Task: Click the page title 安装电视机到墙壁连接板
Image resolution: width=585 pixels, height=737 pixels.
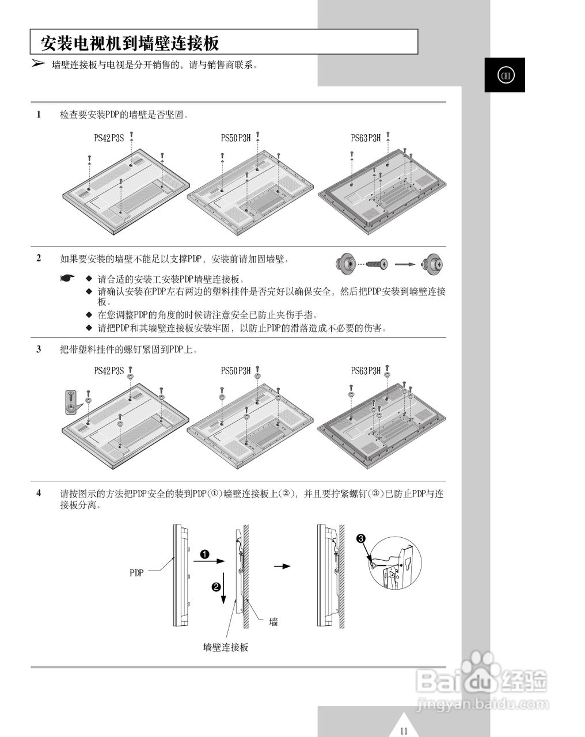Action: pos(130,43)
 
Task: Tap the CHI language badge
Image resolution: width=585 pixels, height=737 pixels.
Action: pos(504,75)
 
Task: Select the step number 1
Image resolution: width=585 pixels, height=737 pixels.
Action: pos(39,115)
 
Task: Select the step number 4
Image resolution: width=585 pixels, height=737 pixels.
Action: pos(39,493)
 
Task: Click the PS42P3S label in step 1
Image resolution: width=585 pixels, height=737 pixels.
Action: pos(109,138)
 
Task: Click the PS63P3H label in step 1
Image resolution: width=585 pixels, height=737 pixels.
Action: pos(366,138)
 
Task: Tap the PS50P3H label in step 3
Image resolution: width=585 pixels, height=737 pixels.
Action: pos(236,371)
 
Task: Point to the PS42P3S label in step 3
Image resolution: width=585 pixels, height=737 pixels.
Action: pos(109,371)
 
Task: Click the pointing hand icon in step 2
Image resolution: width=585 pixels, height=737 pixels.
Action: pos(67,279)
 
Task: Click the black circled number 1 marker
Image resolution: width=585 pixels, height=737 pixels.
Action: pos(204,554)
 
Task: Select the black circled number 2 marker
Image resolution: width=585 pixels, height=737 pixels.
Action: pos(216,587)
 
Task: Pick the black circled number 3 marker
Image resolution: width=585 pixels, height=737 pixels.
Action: pos(360,538)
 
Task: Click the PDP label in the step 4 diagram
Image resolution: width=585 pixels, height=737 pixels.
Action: pos(136,573)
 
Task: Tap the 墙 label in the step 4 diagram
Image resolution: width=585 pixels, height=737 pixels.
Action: pos(273,621)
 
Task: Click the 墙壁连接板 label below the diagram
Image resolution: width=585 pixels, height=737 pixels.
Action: pos(226,647)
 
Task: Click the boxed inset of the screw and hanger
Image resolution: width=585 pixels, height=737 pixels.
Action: pos(70,402)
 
